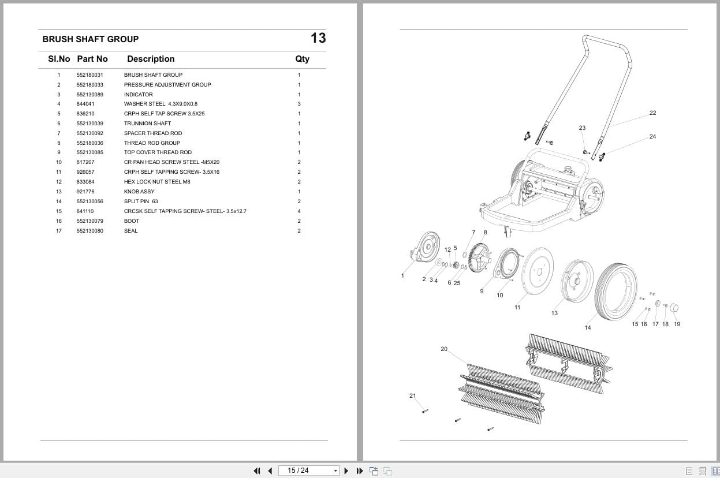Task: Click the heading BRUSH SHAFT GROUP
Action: [90, 39]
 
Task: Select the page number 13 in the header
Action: [318, 38]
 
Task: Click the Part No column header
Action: [92, 59]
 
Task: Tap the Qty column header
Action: [302, 59]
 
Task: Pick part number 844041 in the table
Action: [85, 104]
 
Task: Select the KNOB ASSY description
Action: [139, 192]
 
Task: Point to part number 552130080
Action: [89, 231]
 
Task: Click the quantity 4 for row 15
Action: [299, 211]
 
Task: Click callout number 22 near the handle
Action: [652, 113]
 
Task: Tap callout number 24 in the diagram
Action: [652, 137]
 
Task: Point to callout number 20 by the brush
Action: [443, 349]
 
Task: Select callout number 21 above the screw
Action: [412, 396]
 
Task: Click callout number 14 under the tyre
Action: [587, 328]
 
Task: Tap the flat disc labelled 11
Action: [536, 271]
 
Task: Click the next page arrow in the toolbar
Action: [346, 470]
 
